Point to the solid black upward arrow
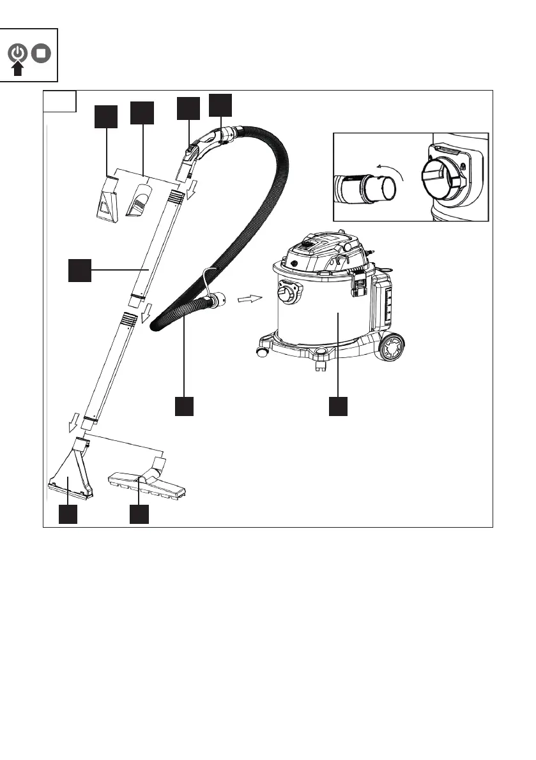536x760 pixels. pos(19,68)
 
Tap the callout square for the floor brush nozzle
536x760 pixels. pos(139,514)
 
